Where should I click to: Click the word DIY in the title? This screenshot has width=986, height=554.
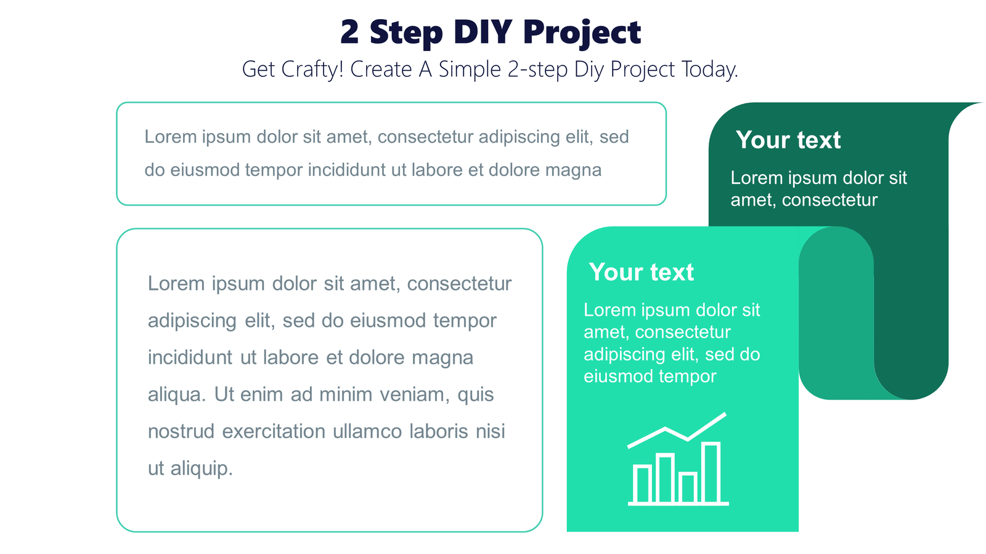483,32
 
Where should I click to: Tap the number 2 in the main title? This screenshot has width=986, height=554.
349,32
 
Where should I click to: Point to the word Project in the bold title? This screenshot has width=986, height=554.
582,33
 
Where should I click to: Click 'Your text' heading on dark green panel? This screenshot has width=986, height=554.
788,140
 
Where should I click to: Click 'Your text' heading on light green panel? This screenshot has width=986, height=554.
641,272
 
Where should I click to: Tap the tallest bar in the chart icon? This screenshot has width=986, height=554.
711,473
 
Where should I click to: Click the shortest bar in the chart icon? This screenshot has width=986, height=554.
688,488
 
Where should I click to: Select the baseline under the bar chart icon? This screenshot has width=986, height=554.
678,504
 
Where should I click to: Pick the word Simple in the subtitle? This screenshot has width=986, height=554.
470,69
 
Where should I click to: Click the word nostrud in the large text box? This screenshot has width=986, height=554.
181,432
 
